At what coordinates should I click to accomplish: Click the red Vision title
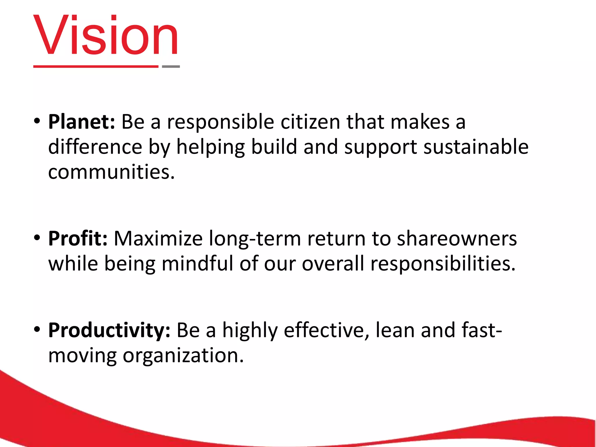point(105,36)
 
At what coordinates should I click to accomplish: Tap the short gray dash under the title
point(171,67)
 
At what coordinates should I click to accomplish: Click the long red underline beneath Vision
point(96,67)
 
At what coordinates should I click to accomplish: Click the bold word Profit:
point(78,239)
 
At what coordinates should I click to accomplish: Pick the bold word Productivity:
point(109,330)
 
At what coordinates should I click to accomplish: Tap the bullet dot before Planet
point(37,121)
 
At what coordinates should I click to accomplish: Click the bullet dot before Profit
point(37,238)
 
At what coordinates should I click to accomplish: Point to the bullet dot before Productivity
point(37,329)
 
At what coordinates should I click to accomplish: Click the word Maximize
point(158,239)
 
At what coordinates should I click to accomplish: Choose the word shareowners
point(457,239)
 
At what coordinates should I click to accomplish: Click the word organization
point(183,356)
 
